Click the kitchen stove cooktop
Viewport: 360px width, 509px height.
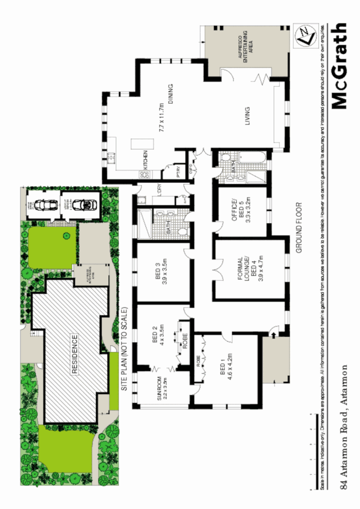pos(144,175)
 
